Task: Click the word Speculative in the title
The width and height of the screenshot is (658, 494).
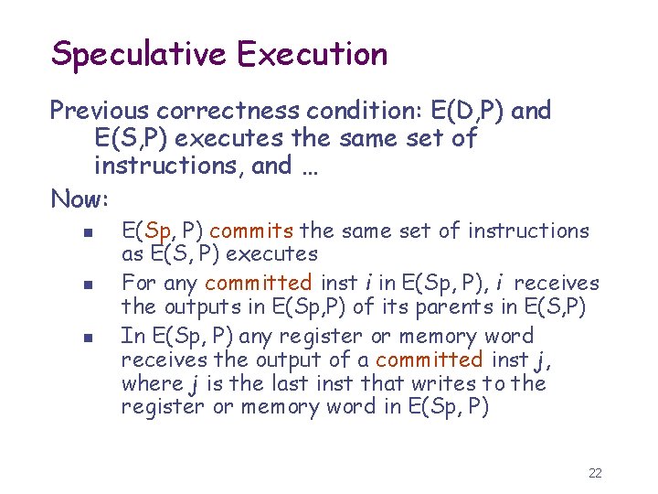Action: [x=139, y=54]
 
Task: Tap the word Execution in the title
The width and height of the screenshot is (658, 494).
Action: [x=312, y=54]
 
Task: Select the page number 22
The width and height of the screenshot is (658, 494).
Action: [x=595, y=473]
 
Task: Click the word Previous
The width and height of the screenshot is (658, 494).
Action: [x=101, y=112]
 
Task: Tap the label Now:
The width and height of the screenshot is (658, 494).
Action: [x=80, y=198]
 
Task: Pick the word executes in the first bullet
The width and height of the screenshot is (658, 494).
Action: [x=272, y=253]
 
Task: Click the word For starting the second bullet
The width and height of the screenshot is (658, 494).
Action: [x=138, y=284]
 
